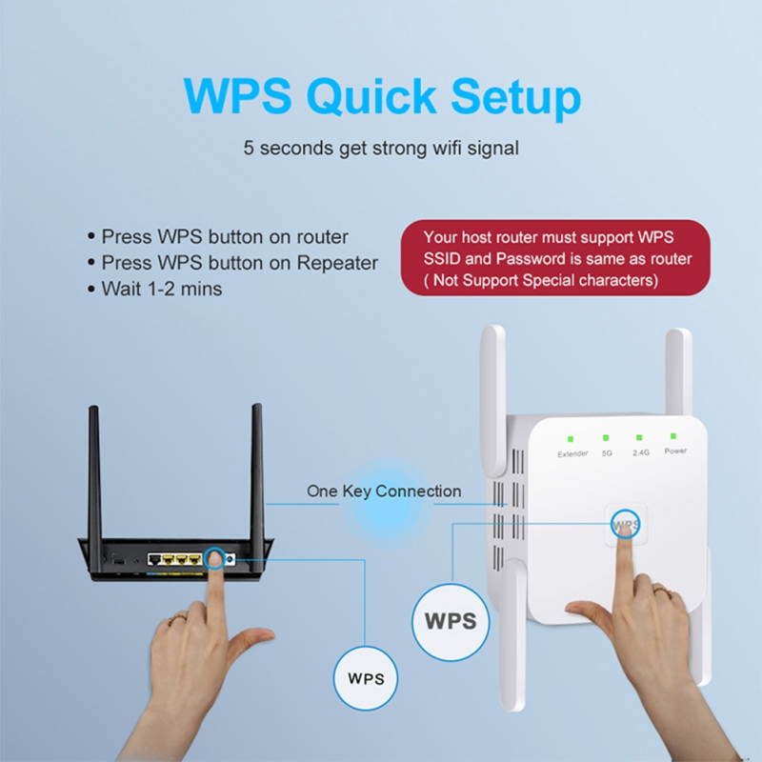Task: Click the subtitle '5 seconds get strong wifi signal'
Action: pos(380,149)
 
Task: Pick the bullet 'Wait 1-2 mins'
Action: pos(161,288)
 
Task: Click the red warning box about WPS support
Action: pos(556,258)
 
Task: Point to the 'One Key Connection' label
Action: pos(383,491)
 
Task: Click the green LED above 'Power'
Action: pos(674,436)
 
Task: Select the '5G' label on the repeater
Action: pos(607,452)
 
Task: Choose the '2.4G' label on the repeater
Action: pos(640,452)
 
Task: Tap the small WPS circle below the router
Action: pos(366,679)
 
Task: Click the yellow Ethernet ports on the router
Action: pos(178,558)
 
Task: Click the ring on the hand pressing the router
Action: pos(177,620)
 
